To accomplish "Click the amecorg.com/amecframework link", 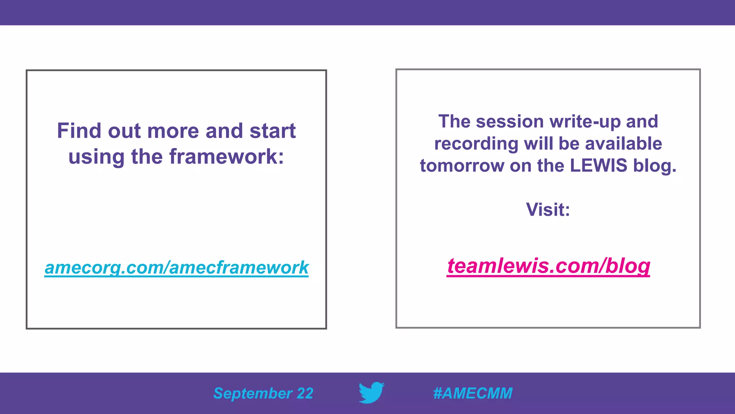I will (x=176, y=267).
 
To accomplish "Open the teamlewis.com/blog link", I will (x=548, y=266).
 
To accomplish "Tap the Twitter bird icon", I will (x=371, y=392).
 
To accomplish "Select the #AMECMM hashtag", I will (x=473, y=393).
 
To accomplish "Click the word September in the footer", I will (x=253, y=394).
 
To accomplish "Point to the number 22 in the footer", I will (x=305, y=394).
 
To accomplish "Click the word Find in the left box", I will (x=79, y=130).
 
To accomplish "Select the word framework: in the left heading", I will (x=226, y=157).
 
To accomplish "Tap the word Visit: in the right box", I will (x=548, y=210).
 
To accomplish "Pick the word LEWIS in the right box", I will (x=599, y=166).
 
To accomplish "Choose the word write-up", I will (x=585, y=121).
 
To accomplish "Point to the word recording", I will (x=476, y=144).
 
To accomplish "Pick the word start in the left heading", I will (x=273, y=130).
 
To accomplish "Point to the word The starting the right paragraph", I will (x=454, y=121).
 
